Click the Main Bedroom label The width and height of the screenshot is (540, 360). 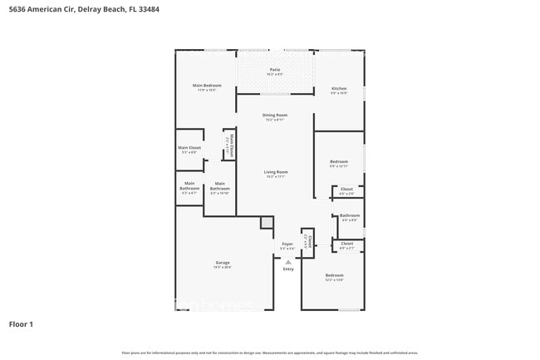207,86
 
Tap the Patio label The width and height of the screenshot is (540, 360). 274,71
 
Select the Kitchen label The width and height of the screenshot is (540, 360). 338,90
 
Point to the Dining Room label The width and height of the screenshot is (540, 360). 275,116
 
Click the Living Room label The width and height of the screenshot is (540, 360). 275,174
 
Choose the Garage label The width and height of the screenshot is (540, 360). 222,264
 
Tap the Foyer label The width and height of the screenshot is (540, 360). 287,245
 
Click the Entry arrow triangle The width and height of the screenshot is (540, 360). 288,261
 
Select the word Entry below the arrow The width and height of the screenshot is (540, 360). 288,269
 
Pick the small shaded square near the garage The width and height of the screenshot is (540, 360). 266,222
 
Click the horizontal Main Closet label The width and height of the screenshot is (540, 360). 189,149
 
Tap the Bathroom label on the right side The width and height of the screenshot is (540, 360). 349,217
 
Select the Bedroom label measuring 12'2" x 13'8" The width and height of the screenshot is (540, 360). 334,277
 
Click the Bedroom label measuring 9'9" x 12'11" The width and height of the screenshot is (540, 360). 338,163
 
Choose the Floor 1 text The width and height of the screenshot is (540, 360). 21,324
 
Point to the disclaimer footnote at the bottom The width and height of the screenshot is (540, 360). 269,353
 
